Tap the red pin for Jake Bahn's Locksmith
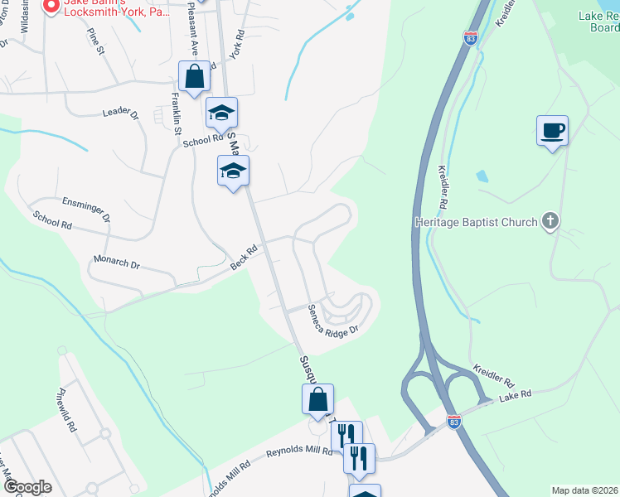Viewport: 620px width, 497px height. (x=51, y=6)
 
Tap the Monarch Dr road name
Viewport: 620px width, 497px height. (x=117, y=263)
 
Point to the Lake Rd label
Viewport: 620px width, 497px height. (x=516, y=399)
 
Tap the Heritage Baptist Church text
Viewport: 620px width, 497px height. (x=476, y=222)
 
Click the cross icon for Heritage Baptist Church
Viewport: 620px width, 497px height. (x=550, y=221)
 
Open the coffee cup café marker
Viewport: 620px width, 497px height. (x=552, y=131)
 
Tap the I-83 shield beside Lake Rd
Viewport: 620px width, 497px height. (x=453, y=422)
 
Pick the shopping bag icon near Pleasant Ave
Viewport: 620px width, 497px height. (x=194, y=78)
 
